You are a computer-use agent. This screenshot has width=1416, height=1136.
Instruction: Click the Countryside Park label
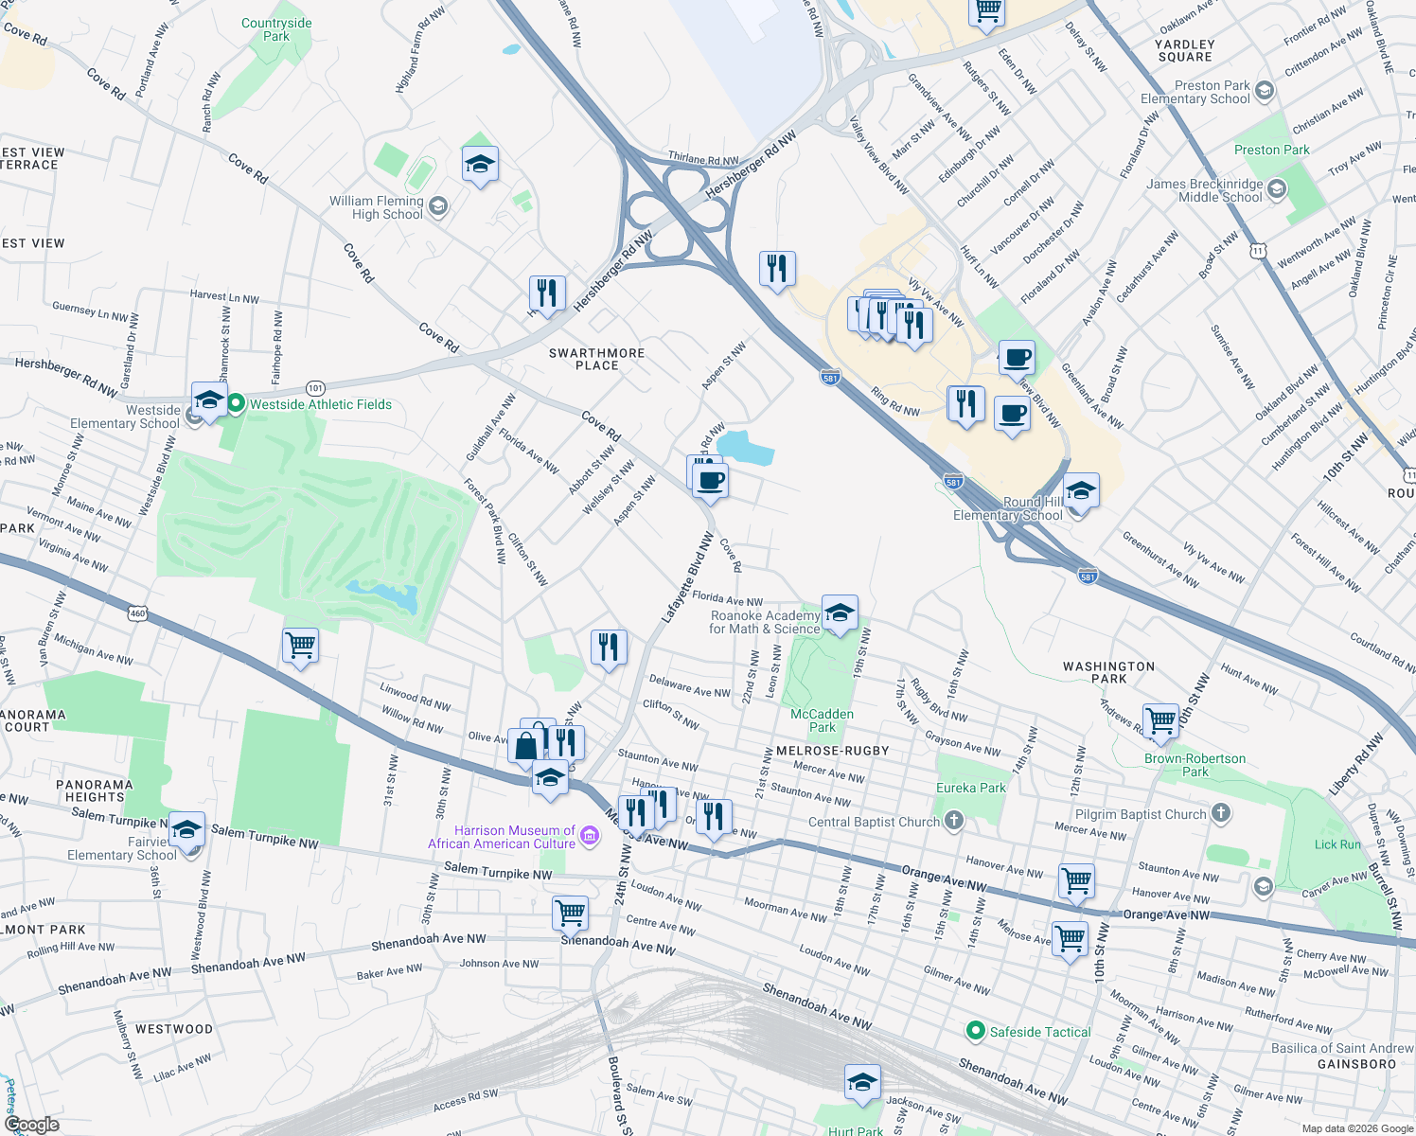point(276,29)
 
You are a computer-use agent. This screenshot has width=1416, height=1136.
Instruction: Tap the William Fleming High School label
point(377,207)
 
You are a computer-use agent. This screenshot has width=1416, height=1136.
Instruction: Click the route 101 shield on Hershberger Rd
point(315,388)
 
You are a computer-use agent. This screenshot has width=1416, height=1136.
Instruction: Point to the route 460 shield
point(138,613)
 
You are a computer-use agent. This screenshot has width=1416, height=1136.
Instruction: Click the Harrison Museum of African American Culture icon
point(590,835)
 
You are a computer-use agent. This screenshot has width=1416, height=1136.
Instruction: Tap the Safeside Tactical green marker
point(975,1031)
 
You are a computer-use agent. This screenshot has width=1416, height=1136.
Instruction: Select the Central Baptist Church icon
point(954,821)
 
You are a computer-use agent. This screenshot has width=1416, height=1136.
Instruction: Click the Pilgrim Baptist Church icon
point(1221,813)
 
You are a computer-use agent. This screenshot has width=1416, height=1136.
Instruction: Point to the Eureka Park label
point(970,788)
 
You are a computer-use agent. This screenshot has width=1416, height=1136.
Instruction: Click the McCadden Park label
point(822,720)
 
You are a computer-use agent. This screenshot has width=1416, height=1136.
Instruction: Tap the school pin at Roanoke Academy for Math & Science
point(840,613)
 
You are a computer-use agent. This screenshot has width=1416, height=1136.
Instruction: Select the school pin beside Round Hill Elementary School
point(1081,491)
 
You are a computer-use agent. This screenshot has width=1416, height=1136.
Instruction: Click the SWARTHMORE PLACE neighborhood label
point(596,359)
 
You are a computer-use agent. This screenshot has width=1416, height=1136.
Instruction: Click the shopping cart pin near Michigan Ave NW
point(301,645)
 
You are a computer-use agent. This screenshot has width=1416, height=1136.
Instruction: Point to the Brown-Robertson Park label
point(1195,765)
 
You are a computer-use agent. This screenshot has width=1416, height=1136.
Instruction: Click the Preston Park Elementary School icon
point(1265,91)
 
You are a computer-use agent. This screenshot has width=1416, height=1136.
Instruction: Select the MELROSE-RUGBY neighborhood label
point(832,751)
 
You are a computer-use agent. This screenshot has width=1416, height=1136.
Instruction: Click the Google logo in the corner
point(31,1125)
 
